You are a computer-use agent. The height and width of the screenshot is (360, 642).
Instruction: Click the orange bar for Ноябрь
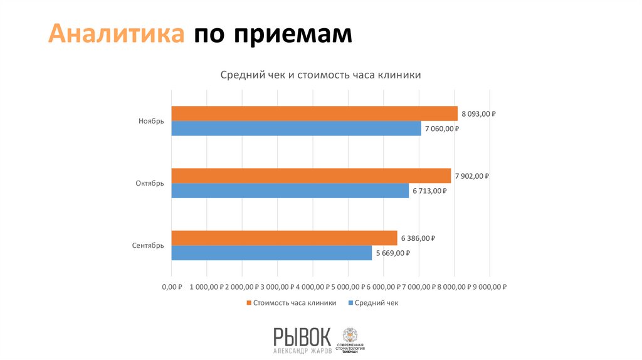(x=313, y=114)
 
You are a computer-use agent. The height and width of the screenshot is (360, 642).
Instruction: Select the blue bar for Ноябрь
(x=296, y=129)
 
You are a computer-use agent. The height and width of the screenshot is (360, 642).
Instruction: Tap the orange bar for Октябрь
(x=310, y=176)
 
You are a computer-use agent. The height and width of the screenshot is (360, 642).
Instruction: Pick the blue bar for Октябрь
(x=290, y=191)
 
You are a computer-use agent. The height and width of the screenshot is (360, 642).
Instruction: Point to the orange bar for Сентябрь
(x=283, y=238)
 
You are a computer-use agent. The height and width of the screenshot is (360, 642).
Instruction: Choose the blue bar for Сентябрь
(x=271, y=253)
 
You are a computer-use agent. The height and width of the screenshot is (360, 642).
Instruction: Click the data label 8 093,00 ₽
(x=478, y=114)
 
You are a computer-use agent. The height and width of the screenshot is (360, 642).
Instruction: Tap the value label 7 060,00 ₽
(x=442, y=129)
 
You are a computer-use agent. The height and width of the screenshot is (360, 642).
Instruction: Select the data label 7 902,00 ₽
(x=471, y=176)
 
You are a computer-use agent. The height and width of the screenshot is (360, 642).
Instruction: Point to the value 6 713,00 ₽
(x=429, y=191)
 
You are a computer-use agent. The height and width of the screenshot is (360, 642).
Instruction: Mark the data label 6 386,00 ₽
(x=418, y=238)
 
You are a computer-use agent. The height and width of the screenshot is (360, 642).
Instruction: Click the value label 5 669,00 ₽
(x=392, y=253)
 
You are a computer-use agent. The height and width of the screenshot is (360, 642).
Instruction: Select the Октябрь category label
(x=149, y=184)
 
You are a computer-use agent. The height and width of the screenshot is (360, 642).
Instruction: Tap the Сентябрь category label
(x=148, y=246)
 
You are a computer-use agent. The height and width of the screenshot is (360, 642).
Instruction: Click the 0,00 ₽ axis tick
(x=172, y=287)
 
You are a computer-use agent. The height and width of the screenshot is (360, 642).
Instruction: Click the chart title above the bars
(x=320, y=75)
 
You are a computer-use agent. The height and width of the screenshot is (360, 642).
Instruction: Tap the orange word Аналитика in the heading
(x=117, y=34)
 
